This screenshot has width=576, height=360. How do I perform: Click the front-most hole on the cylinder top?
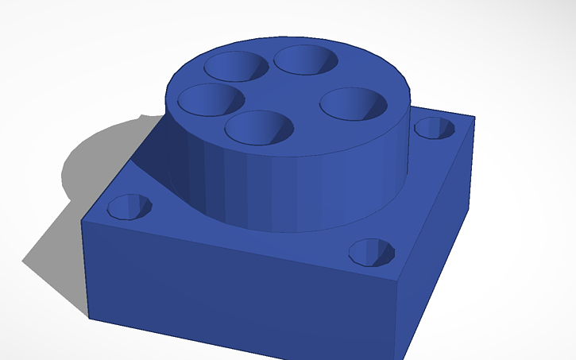(x=258, y=128)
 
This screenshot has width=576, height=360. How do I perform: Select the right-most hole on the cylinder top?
(x=354, y=105)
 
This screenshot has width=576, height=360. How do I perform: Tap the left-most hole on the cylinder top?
(x=211, y=100)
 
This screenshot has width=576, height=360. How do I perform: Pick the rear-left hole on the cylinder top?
(x=236, y=65)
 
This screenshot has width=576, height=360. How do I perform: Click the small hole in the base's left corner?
(x=130, y=207)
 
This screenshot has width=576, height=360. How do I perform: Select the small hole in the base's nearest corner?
(x=372, y=252)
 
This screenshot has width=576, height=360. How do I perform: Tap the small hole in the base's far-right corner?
(x=435, y=127)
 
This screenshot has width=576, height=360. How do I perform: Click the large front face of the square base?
(x=238, y=294)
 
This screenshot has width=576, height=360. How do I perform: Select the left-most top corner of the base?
(x=83, y=220)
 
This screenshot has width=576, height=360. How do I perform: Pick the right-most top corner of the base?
(x=474, y=118)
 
